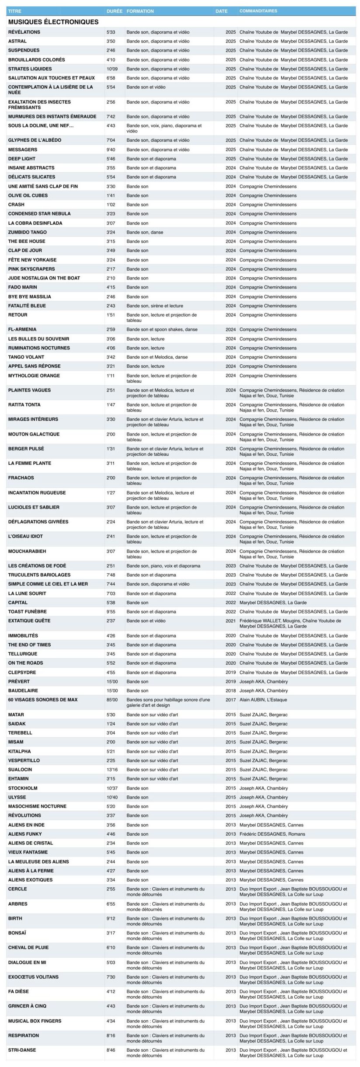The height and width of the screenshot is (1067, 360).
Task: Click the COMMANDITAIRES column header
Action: click(x=258, y=11)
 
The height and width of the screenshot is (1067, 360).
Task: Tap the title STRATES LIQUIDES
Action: click(x=30, y=69)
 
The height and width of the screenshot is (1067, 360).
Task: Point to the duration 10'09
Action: click(x=112, y=69)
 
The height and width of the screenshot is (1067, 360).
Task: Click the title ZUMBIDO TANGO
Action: click(x=27, y=232)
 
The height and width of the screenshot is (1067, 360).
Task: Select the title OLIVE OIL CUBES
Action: click(x=28, y=195)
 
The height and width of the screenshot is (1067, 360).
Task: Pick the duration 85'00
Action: click(x=112, y=700)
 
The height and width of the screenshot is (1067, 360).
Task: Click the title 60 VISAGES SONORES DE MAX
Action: click(x=43, y=700)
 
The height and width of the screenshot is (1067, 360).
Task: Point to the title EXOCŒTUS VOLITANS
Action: click(x=33, y=977)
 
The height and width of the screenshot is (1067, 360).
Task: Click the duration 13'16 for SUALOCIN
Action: click(x=112, y=770)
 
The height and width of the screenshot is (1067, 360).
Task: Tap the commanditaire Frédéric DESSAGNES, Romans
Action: click(x=272, y=834)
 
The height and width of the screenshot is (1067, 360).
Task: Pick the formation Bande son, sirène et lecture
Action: click(x=155, y=306)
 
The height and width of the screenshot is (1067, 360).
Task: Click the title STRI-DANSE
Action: click(x=22, y=1050)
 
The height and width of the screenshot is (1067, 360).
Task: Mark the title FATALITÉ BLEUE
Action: click(x=27, y=306)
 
